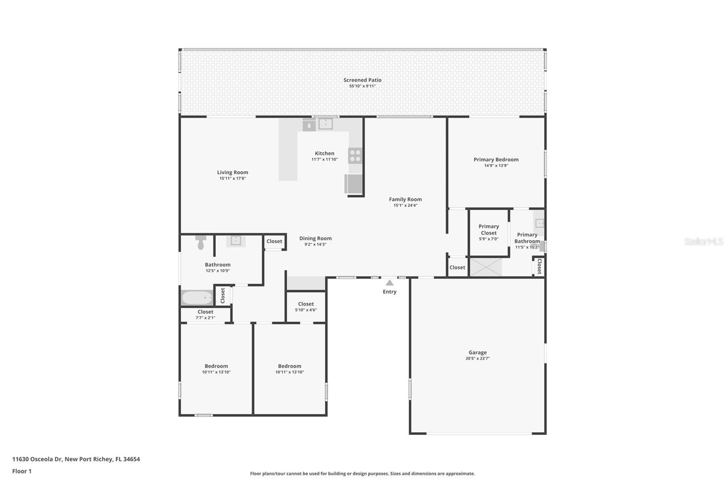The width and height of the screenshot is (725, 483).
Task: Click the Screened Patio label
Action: (362, 80)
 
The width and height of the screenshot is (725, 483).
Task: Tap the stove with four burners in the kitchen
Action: (355, 155)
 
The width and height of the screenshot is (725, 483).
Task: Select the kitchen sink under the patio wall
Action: (325, 124)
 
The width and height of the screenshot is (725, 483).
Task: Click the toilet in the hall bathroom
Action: (201, 242)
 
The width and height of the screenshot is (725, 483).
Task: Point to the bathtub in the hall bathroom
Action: (197, 298)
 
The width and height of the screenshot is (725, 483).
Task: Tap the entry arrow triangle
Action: (389, 283)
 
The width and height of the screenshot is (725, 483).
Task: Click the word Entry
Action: (389, 292)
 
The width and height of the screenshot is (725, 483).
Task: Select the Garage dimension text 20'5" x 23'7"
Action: (478, 358)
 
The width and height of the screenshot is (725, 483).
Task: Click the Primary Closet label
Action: (488, 230)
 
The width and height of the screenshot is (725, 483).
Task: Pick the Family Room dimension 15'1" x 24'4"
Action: (405, 205)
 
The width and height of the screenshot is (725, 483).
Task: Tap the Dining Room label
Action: (315, 238)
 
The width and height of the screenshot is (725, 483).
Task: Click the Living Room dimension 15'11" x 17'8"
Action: (232, 179)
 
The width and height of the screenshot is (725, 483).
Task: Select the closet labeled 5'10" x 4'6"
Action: (306, 307)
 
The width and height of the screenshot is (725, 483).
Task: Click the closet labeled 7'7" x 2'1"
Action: (205, 314)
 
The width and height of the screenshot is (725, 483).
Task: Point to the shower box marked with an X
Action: (485, 267)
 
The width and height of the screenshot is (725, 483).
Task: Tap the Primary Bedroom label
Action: (496, 159)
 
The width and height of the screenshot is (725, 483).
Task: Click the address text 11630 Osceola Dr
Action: (37, 459)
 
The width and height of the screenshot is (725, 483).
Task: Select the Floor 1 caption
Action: (22, 471)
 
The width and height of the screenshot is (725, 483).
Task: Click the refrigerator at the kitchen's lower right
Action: (353, 184)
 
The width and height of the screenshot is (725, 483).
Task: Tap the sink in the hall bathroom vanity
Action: (236, 240)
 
